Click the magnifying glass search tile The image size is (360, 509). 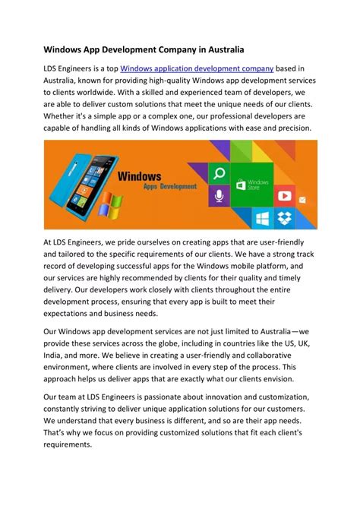(219, 172)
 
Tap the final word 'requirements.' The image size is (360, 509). (68, 446)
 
